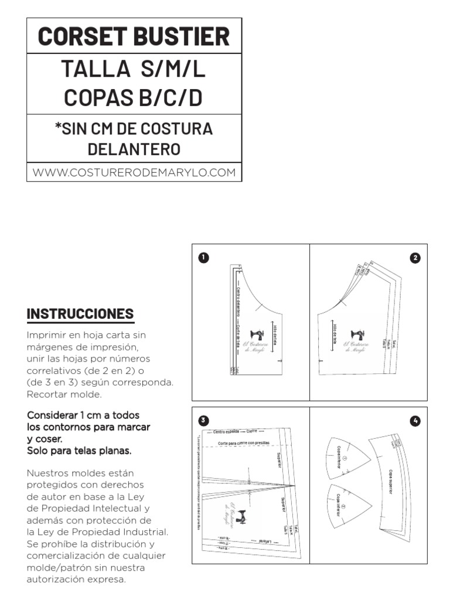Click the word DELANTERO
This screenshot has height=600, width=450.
tap(134, 149)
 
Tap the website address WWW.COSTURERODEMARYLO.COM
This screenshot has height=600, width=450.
tap(134, 172)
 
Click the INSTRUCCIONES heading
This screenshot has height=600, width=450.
tap(80, 313)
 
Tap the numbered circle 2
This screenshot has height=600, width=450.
tap(415, 258)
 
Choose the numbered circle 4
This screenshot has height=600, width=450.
tap(415, 421)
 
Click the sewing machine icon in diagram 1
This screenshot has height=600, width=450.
tap(257, 333)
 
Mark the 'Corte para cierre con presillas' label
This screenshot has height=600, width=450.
tap(248, 444)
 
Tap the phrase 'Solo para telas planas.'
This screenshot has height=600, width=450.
tap(79, 451)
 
